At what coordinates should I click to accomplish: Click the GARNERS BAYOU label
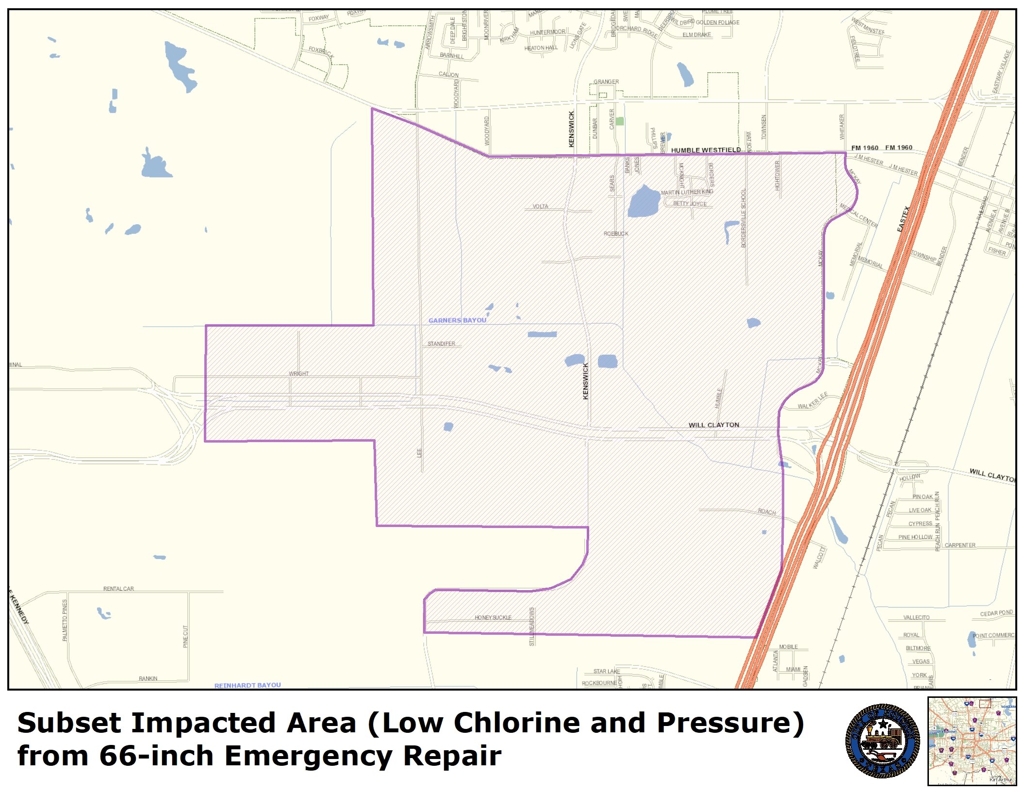(x=457, y=320)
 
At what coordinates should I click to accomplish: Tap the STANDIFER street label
(x=441, y=344)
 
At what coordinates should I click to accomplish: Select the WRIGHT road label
(x=298, y=374)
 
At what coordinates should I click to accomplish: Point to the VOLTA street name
(x=540, y=206)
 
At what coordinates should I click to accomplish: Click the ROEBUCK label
(x=616, y=233)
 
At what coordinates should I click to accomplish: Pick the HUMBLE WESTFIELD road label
(x=706, y=150)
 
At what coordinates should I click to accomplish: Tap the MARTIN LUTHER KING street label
(x=687, y=192)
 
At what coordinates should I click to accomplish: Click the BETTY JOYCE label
(x=690, y=204)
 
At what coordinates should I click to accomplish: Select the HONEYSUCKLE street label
(x=493, y=617)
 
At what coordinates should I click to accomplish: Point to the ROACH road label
(x=767, y=511)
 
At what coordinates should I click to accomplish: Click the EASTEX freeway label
(x=904, y=219)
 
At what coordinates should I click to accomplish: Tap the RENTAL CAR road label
(x=118, y=589)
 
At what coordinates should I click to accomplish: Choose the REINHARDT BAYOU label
(x=248, y=685)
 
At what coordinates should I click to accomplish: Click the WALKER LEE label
(x=812, y=401)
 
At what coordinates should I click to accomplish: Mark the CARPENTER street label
(x=960, y=545)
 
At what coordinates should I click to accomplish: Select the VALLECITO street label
(x=916, y=617)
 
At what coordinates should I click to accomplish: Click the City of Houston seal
(x=882, y=741)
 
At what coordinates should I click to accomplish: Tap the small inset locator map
(x=972, y=741)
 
